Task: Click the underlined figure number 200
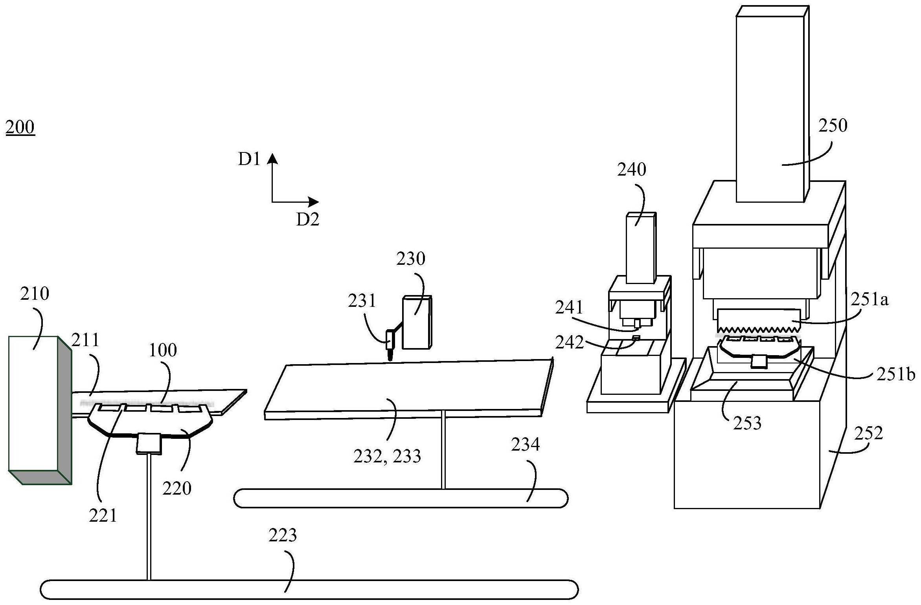(x=20, y=127)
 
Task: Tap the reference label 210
(x=35, y=293)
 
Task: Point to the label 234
(x=526, y=445)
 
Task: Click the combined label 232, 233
(x=387, y=456)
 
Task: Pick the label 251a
(x=870, y=300)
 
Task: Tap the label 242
(x=570, y=343)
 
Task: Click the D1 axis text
(x=249, y=159)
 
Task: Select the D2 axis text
(x=307, y=220)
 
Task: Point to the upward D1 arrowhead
(x=272, y=158)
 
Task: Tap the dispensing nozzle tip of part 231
(x=390, y=360)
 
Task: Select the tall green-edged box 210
(x=40, y=410)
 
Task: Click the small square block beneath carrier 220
(x=149, y=444)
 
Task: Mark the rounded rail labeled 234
(x=401, y=498)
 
